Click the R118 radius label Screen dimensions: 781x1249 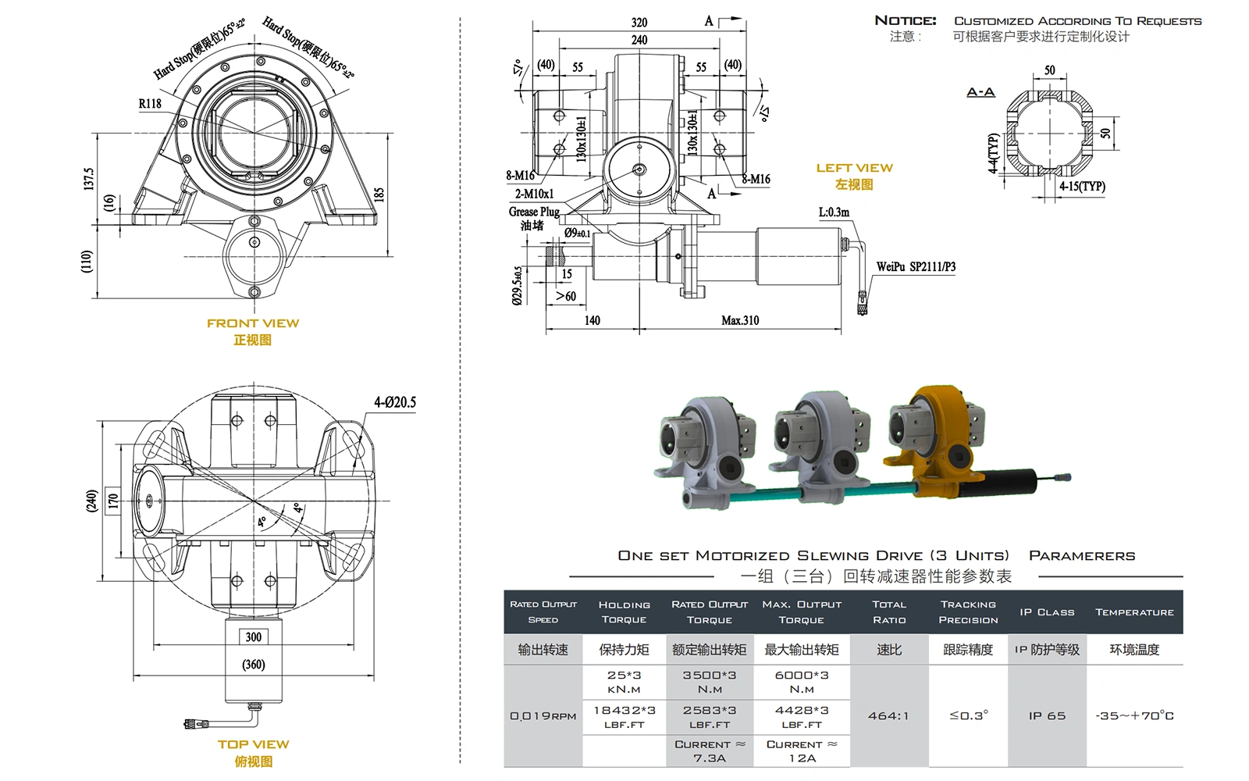(x=150, y=103)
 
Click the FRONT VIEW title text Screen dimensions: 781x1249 (x=253, y=323)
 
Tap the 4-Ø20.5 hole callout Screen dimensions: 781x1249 (x=394, y=402)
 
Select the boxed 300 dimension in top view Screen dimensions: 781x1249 (x=254, y=637)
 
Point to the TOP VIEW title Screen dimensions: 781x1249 (x=253, y=744)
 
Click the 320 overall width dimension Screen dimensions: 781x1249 (x=639, y=23)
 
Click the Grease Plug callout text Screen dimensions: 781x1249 (x=534, y=212)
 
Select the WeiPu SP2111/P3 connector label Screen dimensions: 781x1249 (x=916, y=267)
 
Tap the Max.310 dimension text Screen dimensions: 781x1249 (x=739, y=320)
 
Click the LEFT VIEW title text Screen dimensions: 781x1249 (x=854, y=168)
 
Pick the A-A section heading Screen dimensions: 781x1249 (x=980, y=92)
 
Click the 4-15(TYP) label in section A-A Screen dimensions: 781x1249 (x=1082, y=187)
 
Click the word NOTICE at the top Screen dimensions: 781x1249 (x=905, y=21)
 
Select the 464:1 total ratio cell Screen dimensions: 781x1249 (x=888, y=715)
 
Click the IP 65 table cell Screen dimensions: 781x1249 (x=1046, y=715)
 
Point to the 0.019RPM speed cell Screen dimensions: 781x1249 (x=543, y=715)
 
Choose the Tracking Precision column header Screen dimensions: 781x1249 (x=968, y=612)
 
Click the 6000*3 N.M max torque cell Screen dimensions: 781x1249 (x=802, y=682)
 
